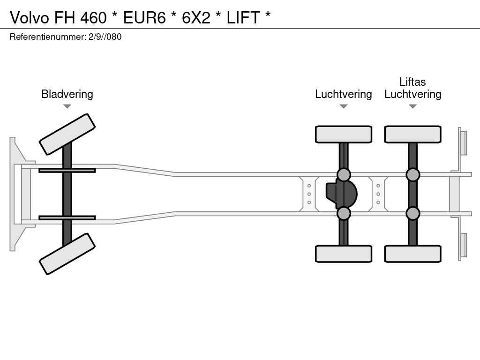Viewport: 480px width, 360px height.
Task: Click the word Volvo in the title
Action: tap(30, 18)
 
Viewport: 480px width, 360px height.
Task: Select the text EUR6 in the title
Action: tap(144, 18)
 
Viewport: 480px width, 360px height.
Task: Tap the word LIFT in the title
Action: tap(243, 18)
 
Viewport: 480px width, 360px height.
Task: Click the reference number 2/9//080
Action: tap(105, 37)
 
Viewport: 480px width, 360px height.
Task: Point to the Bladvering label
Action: tap(67, 94)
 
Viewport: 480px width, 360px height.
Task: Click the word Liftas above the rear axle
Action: tap(412, 82)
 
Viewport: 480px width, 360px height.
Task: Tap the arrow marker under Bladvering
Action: tap(67, 106)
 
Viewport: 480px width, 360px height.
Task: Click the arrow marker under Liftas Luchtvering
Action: tap(412, 106)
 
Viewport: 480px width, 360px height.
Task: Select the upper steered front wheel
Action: tap(67, 134)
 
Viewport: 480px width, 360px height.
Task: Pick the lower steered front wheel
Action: tap(67, 254)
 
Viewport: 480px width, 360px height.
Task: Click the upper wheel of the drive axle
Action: tap(344, 134)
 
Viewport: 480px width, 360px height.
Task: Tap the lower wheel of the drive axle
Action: tap(344, 254)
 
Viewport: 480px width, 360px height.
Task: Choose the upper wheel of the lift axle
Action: tap(412, 134)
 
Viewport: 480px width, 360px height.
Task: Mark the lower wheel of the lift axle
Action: tap(412, 254)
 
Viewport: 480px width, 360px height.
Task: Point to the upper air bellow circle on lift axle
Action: tap(412, 175)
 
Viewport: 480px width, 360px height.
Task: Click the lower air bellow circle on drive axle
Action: tap(344, 213)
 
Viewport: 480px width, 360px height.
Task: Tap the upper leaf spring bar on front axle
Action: tap(67, 170)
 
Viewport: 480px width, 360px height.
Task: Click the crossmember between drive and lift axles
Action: tap(378, 194)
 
